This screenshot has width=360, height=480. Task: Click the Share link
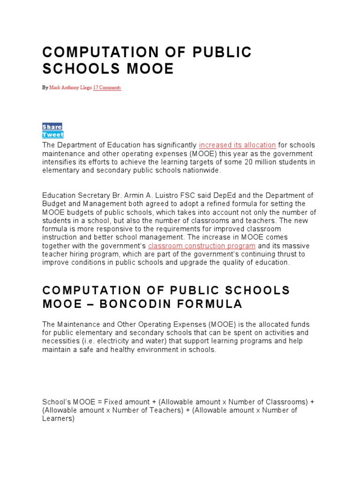[x=52, y=127]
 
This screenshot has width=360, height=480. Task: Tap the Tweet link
[x=53, y=135]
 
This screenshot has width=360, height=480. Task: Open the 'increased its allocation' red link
[x=237, y=145]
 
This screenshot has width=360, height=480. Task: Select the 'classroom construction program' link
[x=202, y=246]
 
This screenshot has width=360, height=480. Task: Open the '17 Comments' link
[x=107, y=88]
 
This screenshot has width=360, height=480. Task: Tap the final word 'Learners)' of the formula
[x=59, y=419]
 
